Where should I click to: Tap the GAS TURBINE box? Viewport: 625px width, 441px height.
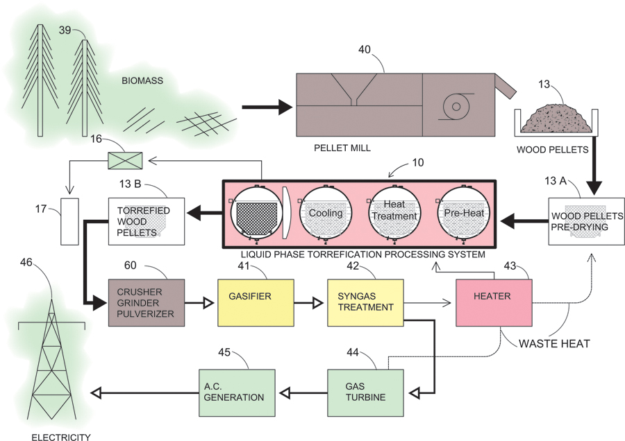(365, 392)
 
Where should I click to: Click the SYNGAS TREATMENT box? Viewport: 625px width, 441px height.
(365, 302)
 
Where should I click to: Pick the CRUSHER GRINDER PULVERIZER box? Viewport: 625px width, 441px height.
(147, 302)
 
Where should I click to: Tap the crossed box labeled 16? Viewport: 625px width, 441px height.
(124, 162)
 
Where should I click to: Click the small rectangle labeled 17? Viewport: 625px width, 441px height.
(70, 221)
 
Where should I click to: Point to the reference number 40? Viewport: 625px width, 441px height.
(365, 50)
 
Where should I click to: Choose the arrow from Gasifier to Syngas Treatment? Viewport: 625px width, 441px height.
(306, 302)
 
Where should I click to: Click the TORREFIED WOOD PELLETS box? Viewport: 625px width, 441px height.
(146, 221)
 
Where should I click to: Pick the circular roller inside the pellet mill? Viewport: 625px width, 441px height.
(456, 107)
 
